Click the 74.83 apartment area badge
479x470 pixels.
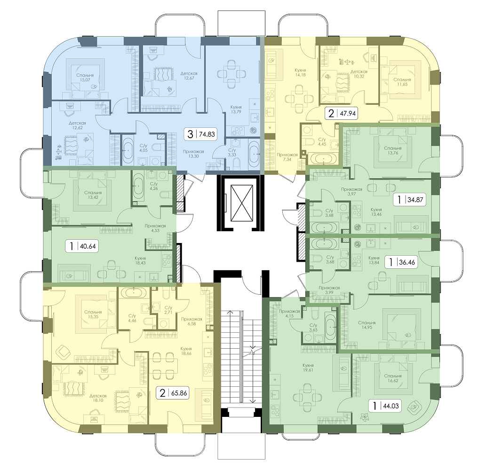pos(200,134)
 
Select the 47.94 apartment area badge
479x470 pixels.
pos(342,113)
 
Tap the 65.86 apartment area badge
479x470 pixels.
pos(173,393)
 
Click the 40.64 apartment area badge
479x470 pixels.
pos(81,246)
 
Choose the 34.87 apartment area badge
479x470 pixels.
pos(409,200)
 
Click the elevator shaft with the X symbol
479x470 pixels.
pos(242,203)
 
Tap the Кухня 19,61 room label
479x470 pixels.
pos(308,368)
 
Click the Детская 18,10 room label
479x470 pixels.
pos(98,398)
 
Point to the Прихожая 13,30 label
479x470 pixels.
pos(193,154)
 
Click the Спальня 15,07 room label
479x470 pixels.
pos(85,77)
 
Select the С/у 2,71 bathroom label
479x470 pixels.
pos(168,310)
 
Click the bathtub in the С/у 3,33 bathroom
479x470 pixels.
pos(254,154)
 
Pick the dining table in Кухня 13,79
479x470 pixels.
pos(232,74)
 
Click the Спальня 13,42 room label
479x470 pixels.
pos(93,195)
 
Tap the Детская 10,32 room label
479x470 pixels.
pos(359,74)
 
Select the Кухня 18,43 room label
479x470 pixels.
pos(140,260)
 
